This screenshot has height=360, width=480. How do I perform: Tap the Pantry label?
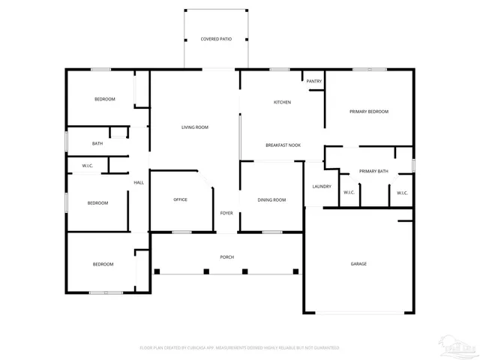click(313, 81)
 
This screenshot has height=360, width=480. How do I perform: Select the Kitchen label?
click(282, 102)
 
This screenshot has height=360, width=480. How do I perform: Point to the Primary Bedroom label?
click(369, 112)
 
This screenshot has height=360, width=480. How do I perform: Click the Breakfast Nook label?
click(283, 145)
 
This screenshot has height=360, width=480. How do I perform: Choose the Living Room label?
click(194, 127)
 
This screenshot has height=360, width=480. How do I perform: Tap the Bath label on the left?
click(97, 143)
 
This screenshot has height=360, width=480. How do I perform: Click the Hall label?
click(139, 182)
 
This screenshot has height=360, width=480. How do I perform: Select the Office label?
click(180, 199)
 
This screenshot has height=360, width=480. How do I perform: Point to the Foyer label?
click(226, 214)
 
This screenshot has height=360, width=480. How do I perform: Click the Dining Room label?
click(271, 199)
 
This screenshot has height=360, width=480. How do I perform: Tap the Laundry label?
click(322, 187)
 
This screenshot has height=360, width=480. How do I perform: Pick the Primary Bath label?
click(373, 172)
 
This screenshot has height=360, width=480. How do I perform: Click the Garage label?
click(358, 264)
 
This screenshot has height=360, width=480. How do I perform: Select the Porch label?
click(226, 257)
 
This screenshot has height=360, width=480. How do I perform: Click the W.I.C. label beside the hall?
click(88, 165)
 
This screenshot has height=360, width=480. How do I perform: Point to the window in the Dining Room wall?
click(271, 232)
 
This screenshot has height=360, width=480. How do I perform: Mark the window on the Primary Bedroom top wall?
click(370, 70)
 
